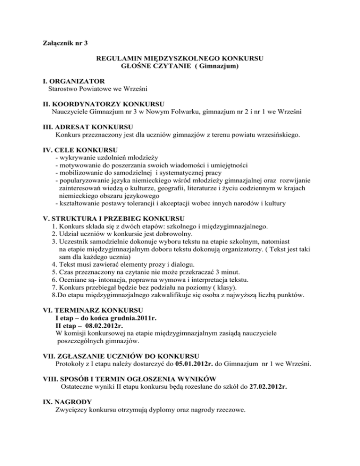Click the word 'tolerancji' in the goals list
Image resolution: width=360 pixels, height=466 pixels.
pos(143,204)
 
